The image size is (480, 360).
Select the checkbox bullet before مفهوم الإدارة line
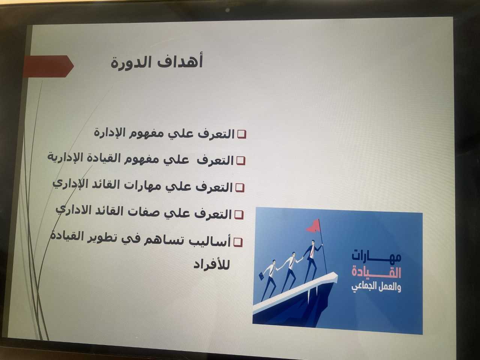(242, 134)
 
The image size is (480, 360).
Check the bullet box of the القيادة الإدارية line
(241, 161)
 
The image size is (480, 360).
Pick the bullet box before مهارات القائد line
(240, 188)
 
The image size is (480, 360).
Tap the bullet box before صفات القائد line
(239, 215)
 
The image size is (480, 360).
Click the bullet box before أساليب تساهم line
(238, 242)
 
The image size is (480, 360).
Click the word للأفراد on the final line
(211, 265)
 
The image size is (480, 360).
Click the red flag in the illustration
(313, 226)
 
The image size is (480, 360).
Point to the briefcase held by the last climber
(261, 276)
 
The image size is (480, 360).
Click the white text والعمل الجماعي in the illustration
(376, 287)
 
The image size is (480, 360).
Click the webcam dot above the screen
(228, 10)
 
